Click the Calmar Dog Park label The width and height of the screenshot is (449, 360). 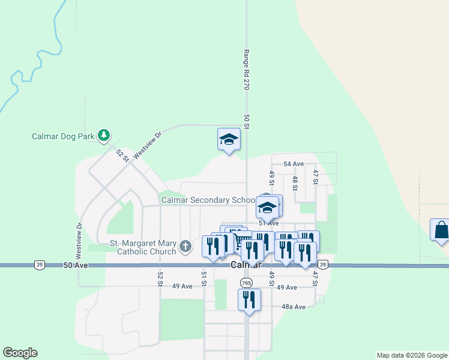tap(63, 136)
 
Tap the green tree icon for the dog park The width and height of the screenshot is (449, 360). tap(104, 135)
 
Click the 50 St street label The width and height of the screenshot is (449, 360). tap(246, 122)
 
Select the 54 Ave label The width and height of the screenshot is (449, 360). tap(294, 164)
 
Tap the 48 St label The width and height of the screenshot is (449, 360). tap(295, 183)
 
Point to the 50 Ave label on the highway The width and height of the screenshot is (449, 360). tap(76, 265)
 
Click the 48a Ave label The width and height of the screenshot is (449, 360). tap(294, 307)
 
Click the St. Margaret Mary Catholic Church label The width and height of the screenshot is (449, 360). tap(142, 248)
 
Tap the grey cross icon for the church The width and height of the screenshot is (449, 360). tap(186, 245)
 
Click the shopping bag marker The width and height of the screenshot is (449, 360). tap(441, 230)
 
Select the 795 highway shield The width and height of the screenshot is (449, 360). tap(246, 282)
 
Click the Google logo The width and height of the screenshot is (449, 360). tap(20, 353)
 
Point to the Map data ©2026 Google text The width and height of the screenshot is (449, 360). tap(411, 355)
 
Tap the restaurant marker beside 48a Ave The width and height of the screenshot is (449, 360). tap(249, 299)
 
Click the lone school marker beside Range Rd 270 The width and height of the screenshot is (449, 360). tap(229, 139)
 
